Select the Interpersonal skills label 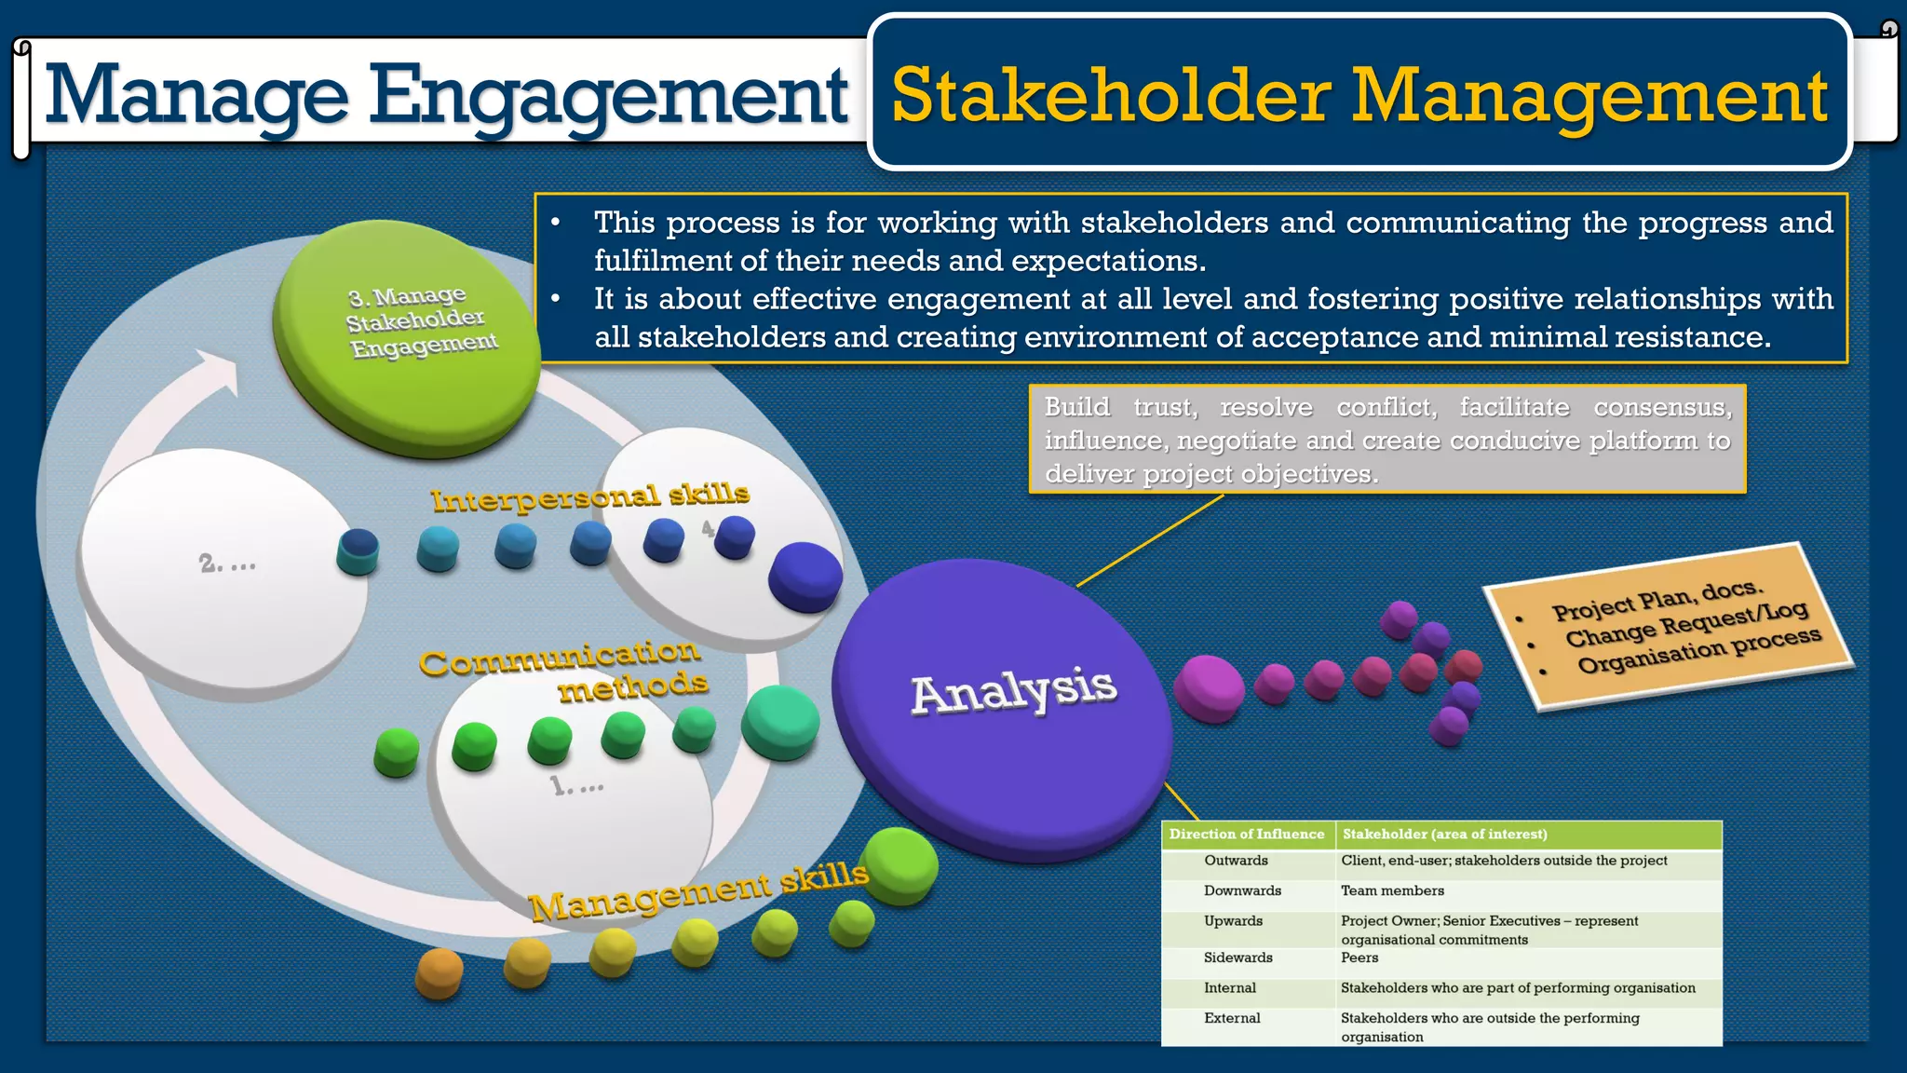(x=589, y=497)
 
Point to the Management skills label (x=698, y=892)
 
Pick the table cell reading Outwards (x=1236, y=861)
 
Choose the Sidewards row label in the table (x=1238, y=958)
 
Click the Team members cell (x=1392, y=891)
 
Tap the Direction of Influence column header (x=1246, y=835)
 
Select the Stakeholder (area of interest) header (x=1444, y=835)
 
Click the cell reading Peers (x=1359, y=958)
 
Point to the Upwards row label (x=1233, y=921)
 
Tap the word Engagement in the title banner (x=608, y=96)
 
